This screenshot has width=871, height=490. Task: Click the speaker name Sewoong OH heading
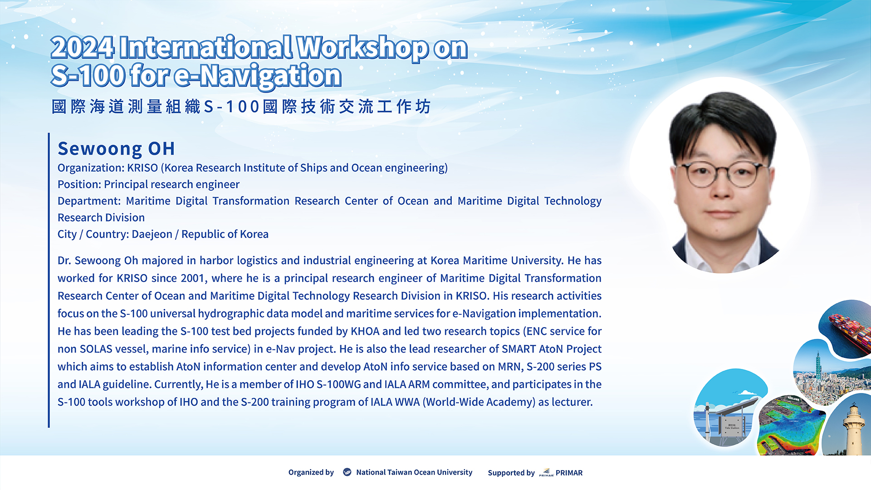pyautogui.click(x=116, y=148)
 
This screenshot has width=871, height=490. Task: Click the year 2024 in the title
pyautogui.click(x=83, y=48)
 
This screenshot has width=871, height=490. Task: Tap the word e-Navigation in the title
pyautogui.click(x=257, y=76)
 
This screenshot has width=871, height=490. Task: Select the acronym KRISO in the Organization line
pyautogui.click(x=142, y=168)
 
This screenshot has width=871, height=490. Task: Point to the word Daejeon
pyautogui.click(x=152, y=234)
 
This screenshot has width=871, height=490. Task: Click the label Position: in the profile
pyautogui.click(x=79, y=184)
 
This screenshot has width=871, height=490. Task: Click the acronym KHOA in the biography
pyautogui.click(x=365, y=331)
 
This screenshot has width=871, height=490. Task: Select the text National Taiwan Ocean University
pyautogui.click(x=414, y=472)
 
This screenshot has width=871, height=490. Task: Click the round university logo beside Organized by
pyautogui.click(x=347, y=472)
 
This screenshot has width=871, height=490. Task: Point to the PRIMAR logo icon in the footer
pyautogui.click(x=546, y=472)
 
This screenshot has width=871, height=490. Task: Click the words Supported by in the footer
pyautogui.click(x=511, y=473)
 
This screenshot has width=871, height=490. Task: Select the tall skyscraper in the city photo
pyautogui.click(x=818, y=367)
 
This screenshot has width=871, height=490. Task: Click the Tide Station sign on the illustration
pyautogui.click(x=732, y=427)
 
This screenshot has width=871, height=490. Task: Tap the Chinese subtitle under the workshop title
pyautogui.click(x=241, y=107)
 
